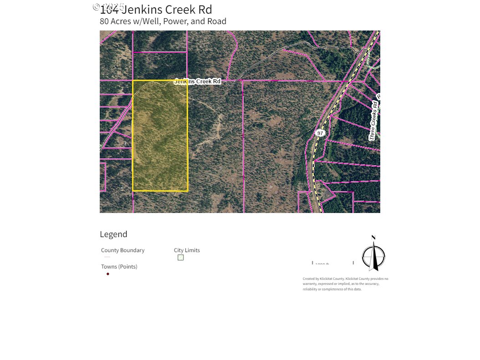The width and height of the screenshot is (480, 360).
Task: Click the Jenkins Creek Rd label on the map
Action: pos(197,81)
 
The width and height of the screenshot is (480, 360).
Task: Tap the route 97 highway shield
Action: pos(320,133)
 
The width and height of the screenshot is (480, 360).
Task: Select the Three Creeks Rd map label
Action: pos(374,123)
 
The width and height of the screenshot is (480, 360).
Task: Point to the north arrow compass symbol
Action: pos(373,255)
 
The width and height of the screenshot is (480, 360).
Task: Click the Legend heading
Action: pos(113,234)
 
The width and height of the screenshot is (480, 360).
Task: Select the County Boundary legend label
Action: pos(123,250)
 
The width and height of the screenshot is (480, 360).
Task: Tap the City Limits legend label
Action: pos(187,250)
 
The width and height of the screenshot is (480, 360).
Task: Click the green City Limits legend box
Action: pos(181,258)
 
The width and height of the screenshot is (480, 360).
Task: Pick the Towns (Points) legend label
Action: pos(119,267)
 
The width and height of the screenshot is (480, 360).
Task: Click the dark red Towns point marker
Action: pos(108,274)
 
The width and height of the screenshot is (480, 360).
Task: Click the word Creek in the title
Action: pos(174,10)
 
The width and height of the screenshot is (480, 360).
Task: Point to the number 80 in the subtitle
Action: pos(104,21)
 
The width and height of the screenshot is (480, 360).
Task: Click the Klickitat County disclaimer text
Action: pos(345,284)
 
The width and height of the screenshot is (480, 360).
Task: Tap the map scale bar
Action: pos(333,263)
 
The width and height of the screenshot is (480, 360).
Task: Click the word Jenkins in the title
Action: pos(140,10)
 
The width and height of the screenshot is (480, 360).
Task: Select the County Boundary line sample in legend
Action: pos(107,257)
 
